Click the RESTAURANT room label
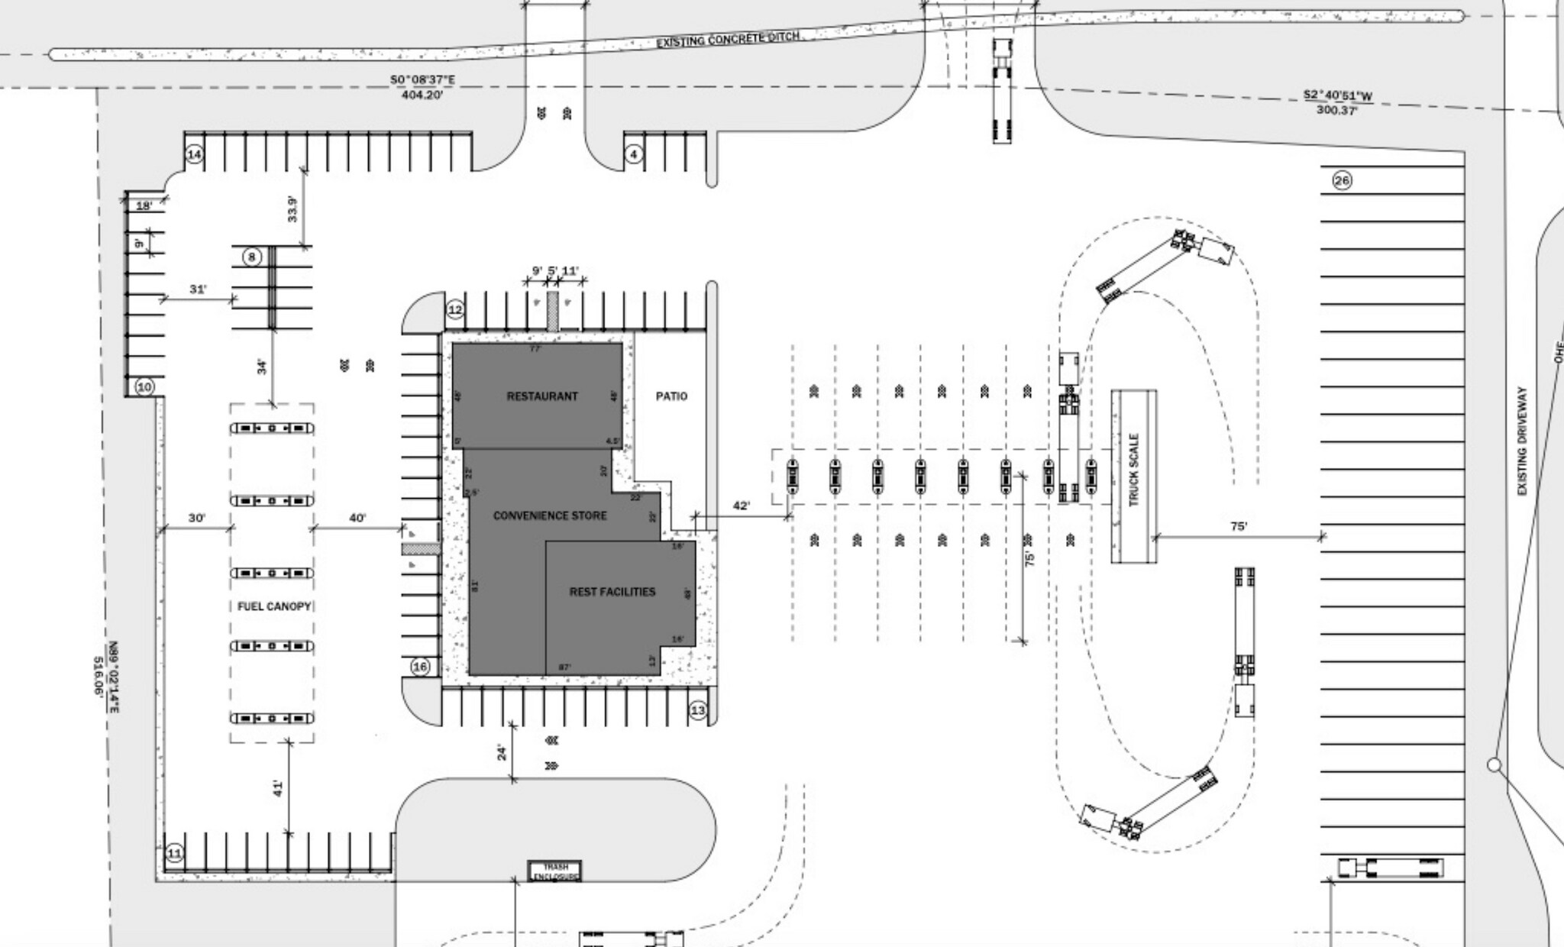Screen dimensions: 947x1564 [542, 396]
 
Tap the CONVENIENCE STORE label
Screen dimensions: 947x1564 [550, 516]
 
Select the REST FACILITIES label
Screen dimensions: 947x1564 [612, 592]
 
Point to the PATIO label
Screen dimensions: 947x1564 [671, 396]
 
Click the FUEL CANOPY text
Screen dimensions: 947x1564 [274, 606]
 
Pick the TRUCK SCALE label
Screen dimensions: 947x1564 [1133, 470]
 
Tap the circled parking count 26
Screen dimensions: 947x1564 [1342, 180]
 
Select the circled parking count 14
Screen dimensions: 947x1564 [194, 155]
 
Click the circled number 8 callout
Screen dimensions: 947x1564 [252, 257]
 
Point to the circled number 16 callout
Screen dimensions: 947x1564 [420, 667]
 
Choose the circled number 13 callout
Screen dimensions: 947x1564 [698, 710]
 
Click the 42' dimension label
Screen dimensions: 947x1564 [741, 506]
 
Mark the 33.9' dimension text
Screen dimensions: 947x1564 [292, 208]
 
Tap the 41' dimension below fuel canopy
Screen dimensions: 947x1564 [278, 787]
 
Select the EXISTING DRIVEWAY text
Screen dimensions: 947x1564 [1522, 441]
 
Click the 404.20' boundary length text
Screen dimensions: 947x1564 [422, 95]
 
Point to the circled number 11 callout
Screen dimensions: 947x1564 [175, 853]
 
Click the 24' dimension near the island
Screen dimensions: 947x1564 [502, 752]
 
